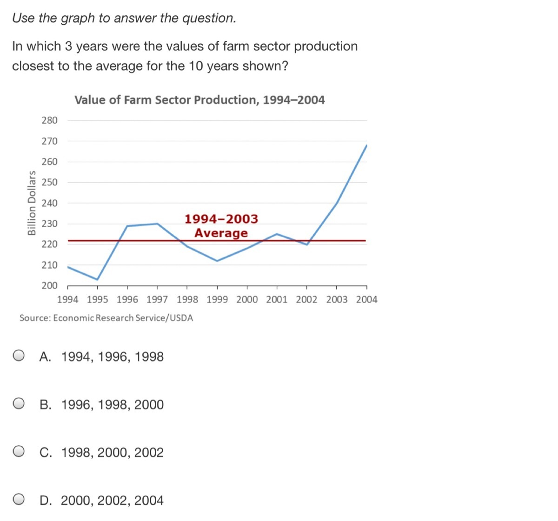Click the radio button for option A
pos(19,356)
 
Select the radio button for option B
pos(19,404)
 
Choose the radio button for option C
pos(19,452)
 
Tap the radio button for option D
pos(19,500)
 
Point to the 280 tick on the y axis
pos(49,120)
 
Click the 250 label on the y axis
pos(49,182)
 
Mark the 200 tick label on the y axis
pos(49,285)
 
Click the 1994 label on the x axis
pos(67,300)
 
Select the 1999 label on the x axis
pos(217,300)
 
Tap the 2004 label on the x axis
pos(367,300)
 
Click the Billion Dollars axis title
pos(32,203)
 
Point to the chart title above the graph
pos(199,100)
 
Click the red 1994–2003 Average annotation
pos(221,226)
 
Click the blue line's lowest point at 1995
pos(97,279)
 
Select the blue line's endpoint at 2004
pos(366,145)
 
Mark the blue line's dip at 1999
pos(217,261)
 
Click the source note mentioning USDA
pos(106,318)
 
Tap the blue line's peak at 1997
pos(157,224)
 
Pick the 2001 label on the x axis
pos(277,300)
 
